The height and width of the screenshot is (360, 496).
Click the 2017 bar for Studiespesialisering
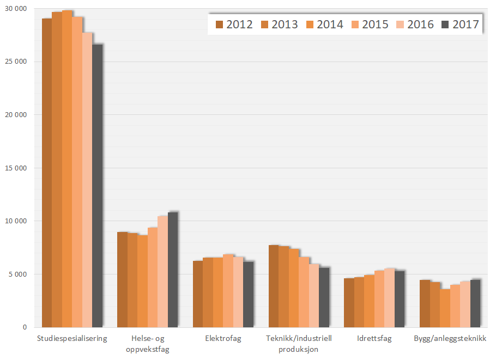tap(97, 186)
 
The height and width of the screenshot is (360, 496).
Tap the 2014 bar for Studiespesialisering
tap(67, 169)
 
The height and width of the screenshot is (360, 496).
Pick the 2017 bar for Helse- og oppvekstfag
tap(173, 270)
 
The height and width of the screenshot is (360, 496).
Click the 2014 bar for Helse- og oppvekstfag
tap(142, 281)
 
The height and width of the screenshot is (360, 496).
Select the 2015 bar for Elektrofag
tap(228, 291)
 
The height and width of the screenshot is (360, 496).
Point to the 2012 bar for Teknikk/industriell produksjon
tap(274, 286)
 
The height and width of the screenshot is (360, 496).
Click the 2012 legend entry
tap(234, 24)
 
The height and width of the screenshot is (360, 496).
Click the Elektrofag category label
tap(223, 338)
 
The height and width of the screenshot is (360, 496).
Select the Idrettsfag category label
tap(374, 338)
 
